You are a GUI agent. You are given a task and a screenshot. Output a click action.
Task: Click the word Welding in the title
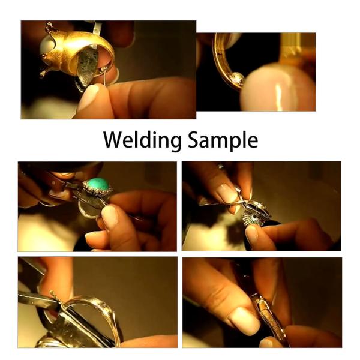[x=140, y=140]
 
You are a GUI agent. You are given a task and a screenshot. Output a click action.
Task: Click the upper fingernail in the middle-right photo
[x=229, y=194]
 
